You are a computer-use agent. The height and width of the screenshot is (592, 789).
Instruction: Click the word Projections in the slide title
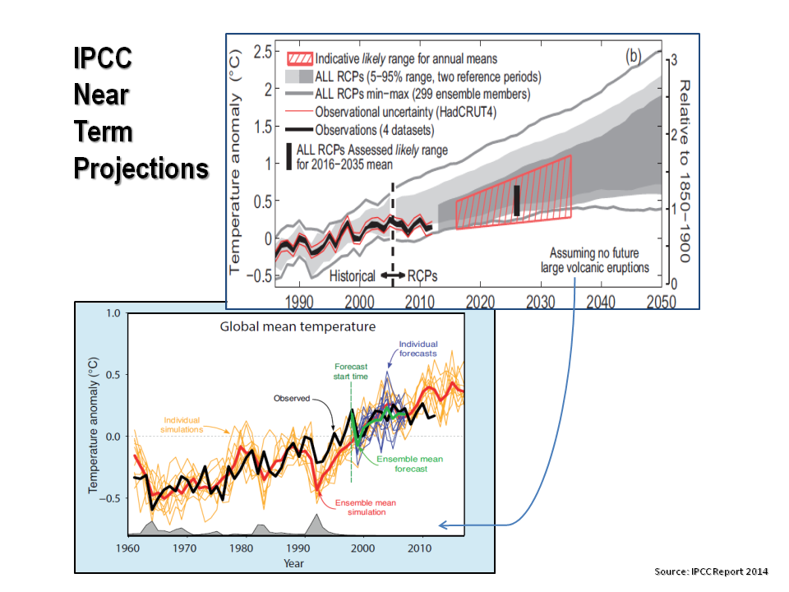141,169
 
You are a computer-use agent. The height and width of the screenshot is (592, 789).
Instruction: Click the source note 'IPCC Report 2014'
711,571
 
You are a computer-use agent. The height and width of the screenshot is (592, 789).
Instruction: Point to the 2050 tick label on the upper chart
660,302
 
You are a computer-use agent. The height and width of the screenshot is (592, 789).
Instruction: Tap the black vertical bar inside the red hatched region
516,201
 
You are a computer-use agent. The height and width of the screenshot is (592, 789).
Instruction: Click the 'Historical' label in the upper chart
355,276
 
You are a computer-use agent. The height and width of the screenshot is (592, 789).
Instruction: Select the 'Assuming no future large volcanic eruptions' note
595,260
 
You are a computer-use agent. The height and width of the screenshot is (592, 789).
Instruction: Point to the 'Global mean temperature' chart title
298,326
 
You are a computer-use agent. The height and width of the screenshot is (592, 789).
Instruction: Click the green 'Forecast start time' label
351,372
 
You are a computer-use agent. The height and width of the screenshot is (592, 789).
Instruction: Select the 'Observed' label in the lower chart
291,398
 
